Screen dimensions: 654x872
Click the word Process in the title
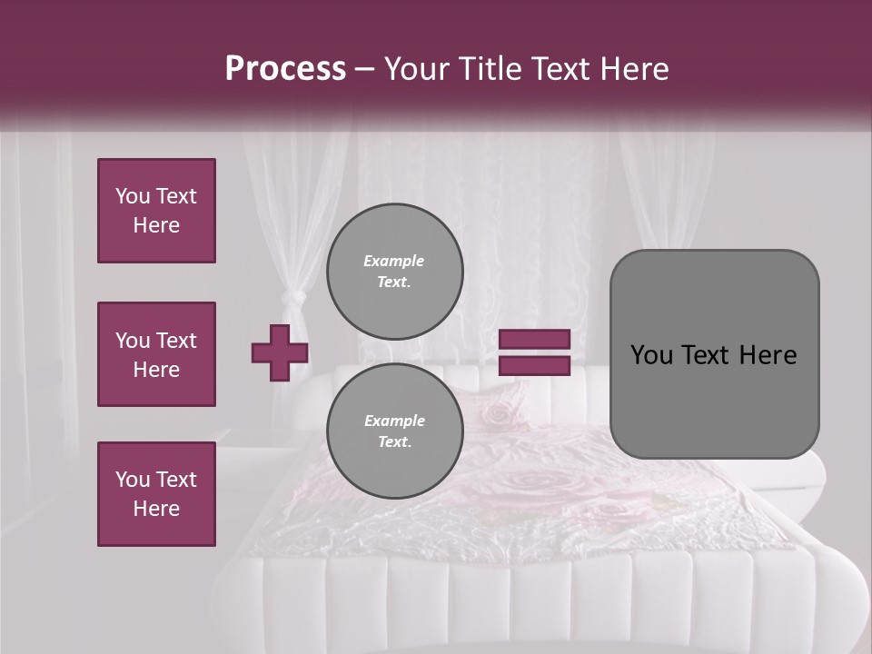285,69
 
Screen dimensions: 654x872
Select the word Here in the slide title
632,69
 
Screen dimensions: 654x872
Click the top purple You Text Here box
156,211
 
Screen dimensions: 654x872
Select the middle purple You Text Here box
156,354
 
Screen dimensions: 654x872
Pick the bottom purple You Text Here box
156,494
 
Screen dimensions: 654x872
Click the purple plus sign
280,352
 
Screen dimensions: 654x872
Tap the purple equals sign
534,352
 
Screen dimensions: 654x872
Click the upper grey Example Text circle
394,271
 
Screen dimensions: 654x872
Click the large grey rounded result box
714,354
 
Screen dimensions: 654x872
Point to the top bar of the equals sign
534,340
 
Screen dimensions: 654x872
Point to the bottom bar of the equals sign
534,366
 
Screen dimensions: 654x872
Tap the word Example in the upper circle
394,261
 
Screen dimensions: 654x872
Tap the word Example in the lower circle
394,421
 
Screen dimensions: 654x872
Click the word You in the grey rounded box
650,355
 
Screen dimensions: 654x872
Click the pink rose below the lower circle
509,482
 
